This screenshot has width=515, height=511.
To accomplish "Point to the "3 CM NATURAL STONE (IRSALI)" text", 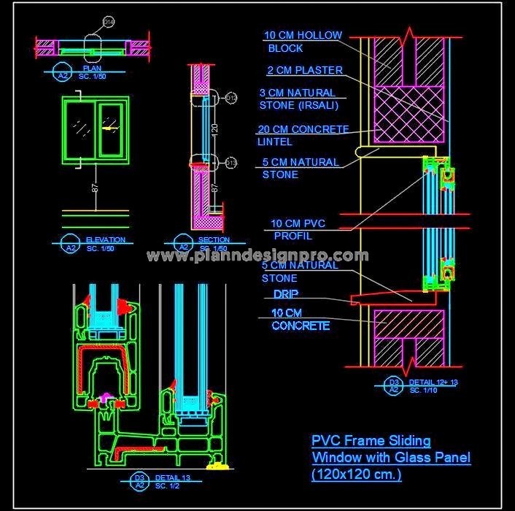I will point(298,99).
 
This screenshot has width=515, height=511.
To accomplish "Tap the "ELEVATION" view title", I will point(106,239).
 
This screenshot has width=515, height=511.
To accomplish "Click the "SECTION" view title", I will point(214,239).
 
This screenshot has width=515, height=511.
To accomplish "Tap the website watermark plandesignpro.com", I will point(257,255).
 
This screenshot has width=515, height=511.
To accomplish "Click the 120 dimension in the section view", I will point(214,130).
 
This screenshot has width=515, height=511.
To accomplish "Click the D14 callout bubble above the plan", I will point(108,23).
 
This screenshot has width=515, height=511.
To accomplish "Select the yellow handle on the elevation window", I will point(109,128).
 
